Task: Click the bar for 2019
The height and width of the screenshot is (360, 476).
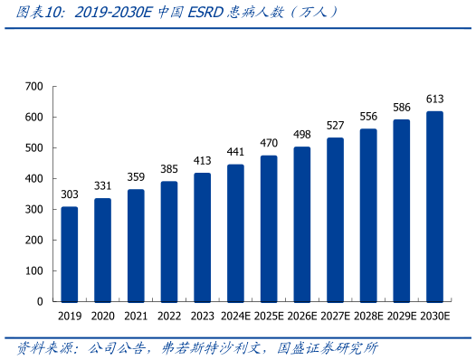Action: tap(70, 254)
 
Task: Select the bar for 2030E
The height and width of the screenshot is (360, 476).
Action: tap(434, 206)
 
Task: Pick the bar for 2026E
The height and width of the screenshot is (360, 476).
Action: tap(301, 224)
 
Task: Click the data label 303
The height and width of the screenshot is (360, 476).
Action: tap(70, 194)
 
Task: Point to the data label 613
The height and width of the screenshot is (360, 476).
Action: tap(434, 99)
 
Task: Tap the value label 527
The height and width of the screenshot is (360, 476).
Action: tap(335, 126)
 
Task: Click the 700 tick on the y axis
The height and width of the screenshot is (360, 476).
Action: tap(34, 87)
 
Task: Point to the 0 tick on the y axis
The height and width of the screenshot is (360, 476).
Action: tap(41, 301)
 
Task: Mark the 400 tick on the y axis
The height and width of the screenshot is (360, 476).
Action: tap(34, 179)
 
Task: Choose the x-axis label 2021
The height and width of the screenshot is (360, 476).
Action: tap(136, 316)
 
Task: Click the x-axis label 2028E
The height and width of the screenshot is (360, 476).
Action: tap(368, 316)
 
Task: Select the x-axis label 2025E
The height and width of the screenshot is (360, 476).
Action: tap(269, 316)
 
